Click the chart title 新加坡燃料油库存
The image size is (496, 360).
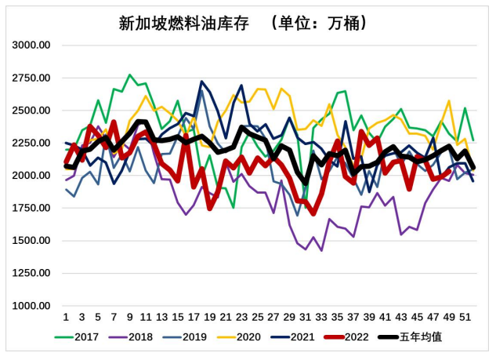[x=183, y=23]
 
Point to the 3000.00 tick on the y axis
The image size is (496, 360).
[x=32, y=45]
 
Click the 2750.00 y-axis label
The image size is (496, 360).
[x=32, y=78]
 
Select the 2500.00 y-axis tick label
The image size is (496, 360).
[x=32, y=111]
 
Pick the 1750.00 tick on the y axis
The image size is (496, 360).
[x=32, y=208]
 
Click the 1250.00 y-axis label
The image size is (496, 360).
[x=32, y=273]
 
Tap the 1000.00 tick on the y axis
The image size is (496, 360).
[x=32, y=305]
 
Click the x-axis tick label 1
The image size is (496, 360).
[x=66, y=317]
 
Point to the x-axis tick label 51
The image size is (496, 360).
[x=464, y=317]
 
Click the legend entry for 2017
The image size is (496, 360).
[x=81, y=338]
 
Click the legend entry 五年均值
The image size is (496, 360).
[x=412, y=338]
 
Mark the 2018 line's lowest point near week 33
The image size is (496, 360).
[x=321, y=250]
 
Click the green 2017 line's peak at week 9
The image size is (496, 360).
[x=130, y=75]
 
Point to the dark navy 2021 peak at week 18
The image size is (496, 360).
[x=202, y=82]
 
